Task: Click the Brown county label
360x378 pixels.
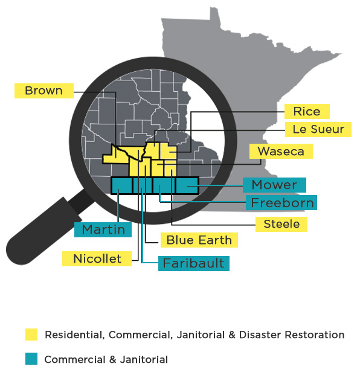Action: tap(43, 91)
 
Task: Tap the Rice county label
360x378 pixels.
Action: tap(307, 111)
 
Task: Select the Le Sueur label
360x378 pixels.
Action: tap(318, 129)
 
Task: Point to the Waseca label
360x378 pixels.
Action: tap(280, 151)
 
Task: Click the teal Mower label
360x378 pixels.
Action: tap(274, 185)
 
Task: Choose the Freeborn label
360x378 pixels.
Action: tap(282, 202)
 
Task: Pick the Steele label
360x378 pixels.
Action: tap(281, 224)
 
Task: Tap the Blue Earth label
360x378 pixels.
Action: tap(199, 240)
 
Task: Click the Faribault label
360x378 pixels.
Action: tap(193, 263)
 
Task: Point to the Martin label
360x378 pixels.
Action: tap(103, 229)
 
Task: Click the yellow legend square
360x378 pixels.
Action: tap(31, 335)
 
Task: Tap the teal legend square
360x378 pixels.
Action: tap(31, 359)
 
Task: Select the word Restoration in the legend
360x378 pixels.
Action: tap(315, 335)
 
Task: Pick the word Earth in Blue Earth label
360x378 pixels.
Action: tap(216, 240)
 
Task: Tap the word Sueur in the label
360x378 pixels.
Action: tap(329, 129)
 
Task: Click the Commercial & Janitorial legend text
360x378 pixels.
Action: tap(106, 359)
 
